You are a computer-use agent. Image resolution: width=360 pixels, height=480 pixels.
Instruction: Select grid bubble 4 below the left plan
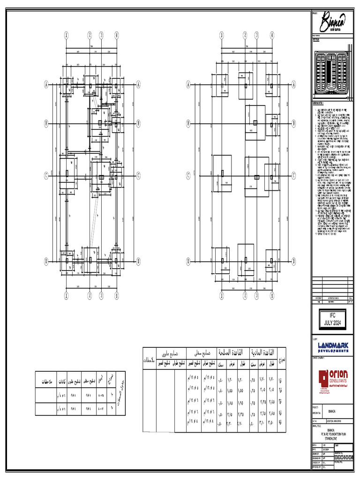[112, 295]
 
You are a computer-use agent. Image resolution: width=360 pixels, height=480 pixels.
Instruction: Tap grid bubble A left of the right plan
[188, 84]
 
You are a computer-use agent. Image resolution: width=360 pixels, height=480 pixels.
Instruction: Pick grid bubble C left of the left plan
[46, 175]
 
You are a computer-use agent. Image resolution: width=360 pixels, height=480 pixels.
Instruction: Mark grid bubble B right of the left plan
[139, 124]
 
